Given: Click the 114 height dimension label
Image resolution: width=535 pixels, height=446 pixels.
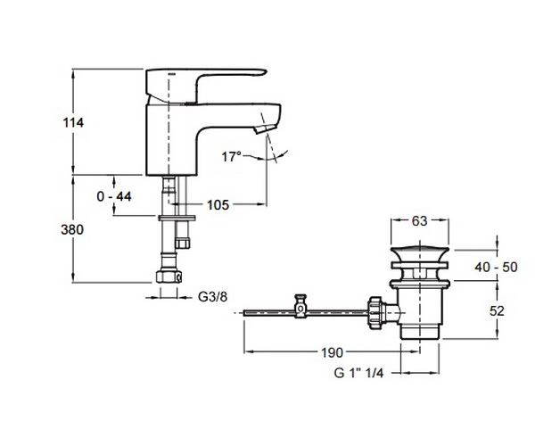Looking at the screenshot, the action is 73,122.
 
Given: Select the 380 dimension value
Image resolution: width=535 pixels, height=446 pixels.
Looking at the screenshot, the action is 72,230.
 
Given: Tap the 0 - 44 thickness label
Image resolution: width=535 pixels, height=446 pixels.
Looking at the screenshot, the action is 114,196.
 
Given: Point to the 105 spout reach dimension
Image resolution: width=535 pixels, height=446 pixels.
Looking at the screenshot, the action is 218,205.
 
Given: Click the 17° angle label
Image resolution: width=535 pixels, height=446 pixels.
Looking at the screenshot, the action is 231,157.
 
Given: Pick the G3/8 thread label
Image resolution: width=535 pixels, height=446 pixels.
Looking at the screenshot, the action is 212,297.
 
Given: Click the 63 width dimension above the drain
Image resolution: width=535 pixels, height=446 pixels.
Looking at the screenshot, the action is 419,221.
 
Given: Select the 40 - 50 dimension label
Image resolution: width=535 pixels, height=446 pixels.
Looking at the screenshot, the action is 496,267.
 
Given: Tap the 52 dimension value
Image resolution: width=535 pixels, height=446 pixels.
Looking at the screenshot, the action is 497,311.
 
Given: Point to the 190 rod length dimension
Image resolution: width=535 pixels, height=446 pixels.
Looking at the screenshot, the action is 333,352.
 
